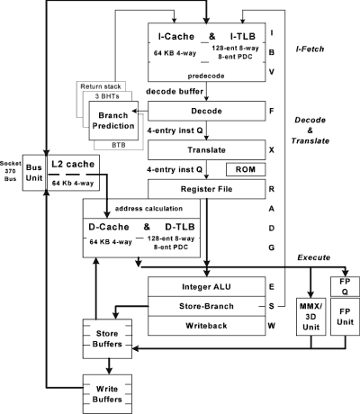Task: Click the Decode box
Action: click(206, 111)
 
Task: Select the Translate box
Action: click(206, 149)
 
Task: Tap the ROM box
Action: click(246, 169)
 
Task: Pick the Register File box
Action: click(206, 189)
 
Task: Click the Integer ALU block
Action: click(206, 287)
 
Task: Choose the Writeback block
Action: click(206, 326)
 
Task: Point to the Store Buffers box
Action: click(107, 338)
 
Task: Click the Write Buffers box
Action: click(107, 394)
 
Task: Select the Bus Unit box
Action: click(34, 173)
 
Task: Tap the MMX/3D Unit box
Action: click(310, 317)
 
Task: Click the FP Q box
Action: click(345, 286)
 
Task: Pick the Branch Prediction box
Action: click(113, 121)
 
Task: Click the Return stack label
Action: click(101, 86)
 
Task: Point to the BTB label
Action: click(119, 145)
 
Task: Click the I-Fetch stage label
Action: click(310, 49)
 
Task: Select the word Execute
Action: click(314, 257)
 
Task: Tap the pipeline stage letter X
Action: click(272, 150)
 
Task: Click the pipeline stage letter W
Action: click(272, 326)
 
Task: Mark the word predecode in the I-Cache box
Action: click(206, 76)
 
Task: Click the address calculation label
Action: click(148, 209)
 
